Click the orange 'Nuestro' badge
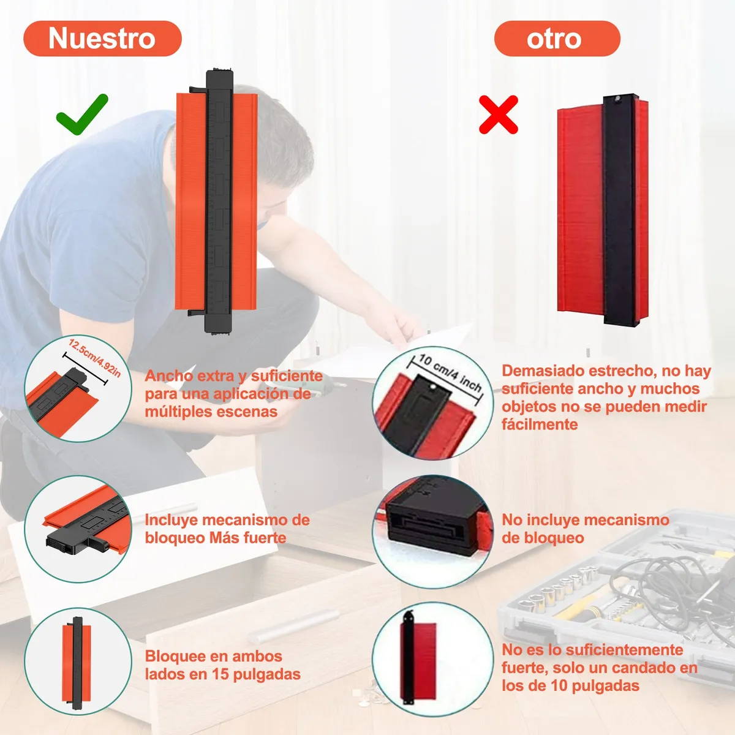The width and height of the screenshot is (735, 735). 102,39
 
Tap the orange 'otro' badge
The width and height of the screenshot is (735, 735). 557,39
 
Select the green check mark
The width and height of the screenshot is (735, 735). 81,115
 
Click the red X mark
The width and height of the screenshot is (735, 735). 499,115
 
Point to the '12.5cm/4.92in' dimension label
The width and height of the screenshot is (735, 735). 94,358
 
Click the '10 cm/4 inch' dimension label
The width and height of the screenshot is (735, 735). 450,372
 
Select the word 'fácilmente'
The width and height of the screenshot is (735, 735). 540,424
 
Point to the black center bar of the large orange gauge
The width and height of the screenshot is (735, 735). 219,202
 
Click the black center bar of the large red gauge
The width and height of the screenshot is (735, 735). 620,210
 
